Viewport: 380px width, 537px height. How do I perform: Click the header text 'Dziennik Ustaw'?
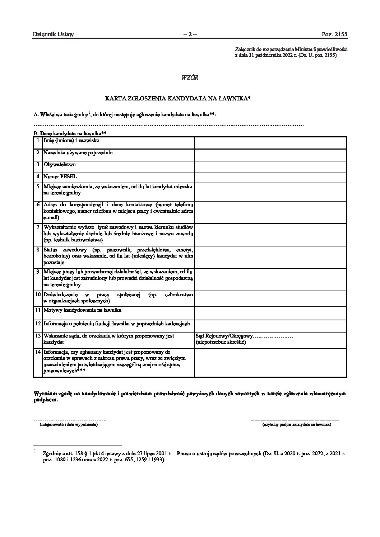click(x=53, y=34)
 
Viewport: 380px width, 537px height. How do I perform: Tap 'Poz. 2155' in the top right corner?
click(x=334, y=34)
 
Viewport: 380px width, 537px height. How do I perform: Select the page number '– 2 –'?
click(x=190, y=34)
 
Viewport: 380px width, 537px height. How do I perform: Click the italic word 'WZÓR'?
click(x=190, y=77)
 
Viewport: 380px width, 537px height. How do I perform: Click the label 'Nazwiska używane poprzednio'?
click(x=78, y=153)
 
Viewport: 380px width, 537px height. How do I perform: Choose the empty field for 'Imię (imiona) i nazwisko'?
click(x=270, y=143)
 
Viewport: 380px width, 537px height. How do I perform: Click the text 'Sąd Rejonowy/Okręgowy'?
click(x=224, y=336)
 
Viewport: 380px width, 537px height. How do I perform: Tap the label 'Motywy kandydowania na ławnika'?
click(x=82, y=310)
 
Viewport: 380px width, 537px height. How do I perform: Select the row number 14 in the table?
click(x=38, y=352)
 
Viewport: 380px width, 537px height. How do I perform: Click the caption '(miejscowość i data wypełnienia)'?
click(x=69, y=424)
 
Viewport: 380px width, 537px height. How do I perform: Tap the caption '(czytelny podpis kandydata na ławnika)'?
click(x=297, y=424)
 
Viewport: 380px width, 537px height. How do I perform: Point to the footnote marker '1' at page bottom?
click(x=34, y=451)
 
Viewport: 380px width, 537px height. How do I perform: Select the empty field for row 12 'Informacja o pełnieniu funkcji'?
click(x=270, y=326)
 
